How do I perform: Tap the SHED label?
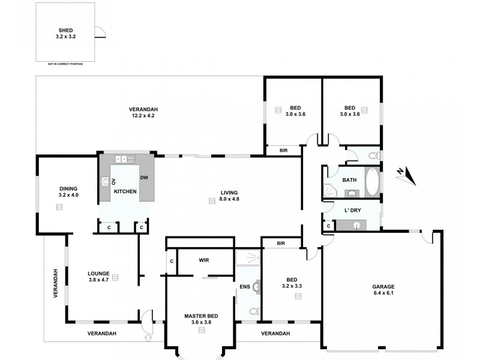click(x=66, y=29)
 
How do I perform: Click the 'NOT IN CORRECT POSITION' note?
click(x=65, y=63)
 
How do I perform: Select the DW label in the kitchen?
click(x=144, y=178)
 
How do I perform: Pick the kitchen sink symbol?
click(x=122, y=159)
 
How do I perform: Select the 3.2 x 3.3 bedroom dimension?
click(x=292, y=286)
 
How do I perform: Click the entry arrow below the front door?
click(x=148, y=338)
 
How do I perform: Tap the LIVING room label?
click(x=229, y=192)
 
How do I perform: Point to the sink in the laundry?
click(x=358, y=226)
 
